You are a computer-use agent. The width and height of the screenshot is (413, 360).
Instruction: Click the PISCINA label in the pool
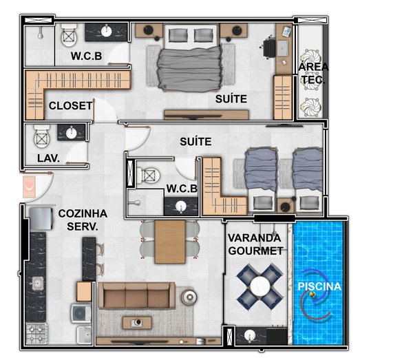coord(319,286)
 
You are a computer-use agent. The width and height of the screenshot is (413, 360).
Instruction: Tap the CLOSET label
coord(71,105)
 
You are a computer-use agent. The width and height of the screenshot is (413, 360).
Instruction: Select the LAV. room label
coord(48,158)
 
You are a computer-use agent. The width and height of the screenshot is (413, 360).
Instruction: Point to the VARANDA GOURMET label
coord(255,244)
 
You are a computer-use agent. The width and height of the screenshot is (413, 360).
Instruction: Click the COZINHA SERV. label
coord(83,220)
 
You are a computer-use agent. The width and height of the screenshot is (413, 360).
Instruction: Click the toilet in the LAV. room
coord(42,136)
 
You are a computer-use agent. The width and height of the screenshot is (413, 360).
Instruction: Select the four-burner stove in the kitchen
coord(36,333)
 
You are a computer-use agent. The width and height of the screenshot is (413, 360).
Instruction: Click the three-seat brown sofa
coord(136,295)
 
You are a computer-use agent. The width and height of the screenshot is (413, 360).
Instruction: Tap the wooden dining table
coord(170,242)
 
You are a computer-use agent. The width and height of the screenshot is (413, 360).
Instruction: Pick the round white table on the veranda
coord(260,286)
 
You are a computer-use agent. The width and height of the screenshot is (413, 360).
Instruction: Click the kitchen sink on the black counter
coord(38,284)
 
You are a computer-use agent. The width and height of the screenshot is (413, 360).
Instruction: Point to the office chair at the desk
coord(269,48)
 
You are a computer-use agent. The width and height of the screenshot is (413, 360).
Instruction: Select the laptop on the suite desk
coord(282,48)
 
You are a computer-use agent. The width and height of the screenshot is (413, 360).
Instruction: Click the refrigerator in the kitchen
coord(41,219)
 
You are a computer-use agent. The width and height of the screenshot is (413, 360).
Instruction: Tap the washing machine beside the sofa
coord(81,313)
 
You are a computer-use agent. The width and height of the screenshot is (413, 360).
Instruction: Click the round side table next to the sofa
coord(189,297)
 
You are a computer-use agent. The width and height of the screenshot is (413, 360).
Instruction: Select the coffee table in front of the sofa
coord(137,323)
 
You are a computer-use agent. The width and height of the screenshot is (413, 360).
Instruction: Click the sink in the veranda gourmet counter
coord(250,336)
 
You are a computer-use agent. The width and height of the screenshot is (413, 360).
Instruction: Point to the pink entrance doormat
coord(29,187)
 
